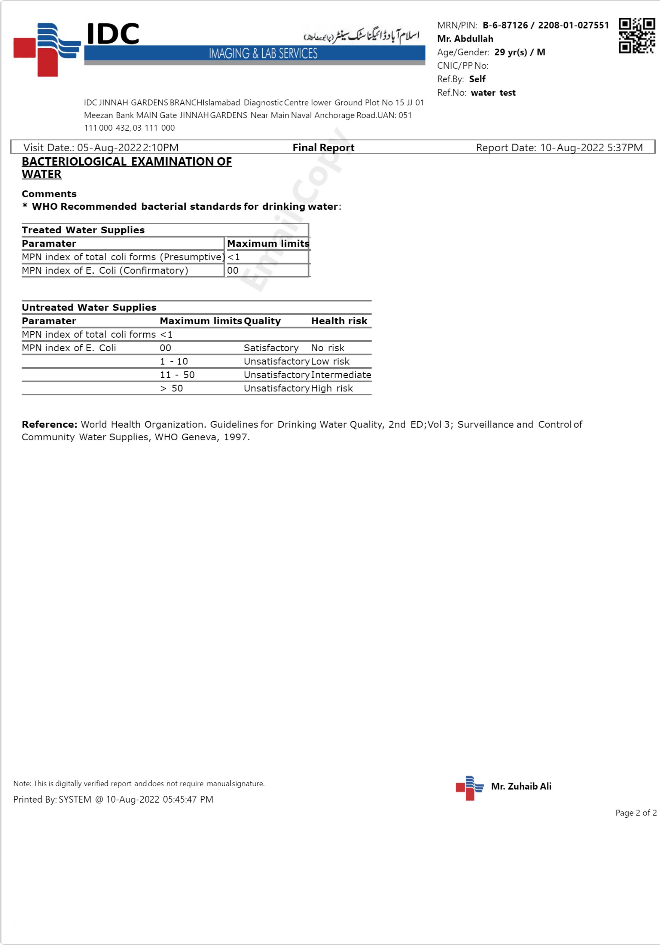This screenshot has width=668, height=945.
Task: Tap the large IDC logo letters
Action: tap(113, 34)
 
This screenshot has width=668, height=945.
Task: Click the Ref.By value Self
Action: tap(477, 79)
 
